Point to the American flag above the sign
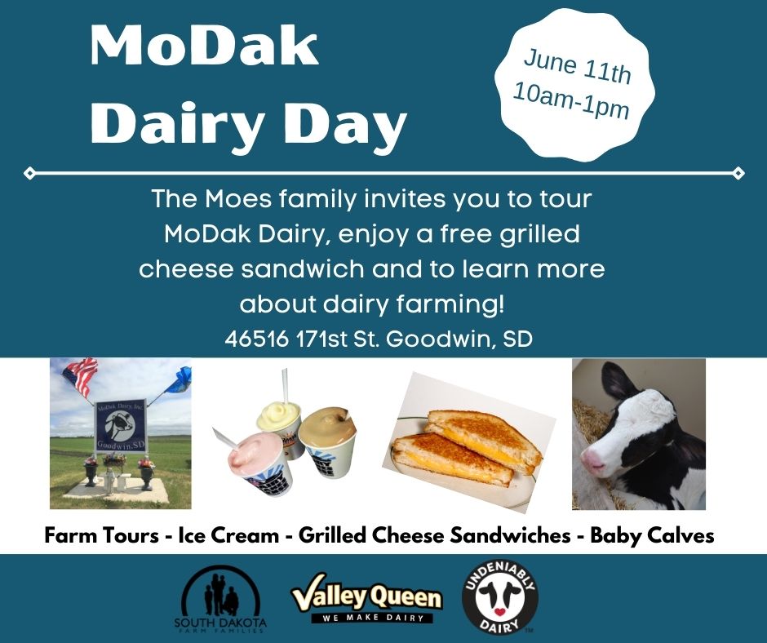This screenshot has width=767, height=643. pos(80,375)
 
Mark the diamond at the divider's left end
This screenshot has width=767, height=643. pos(30,173)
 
